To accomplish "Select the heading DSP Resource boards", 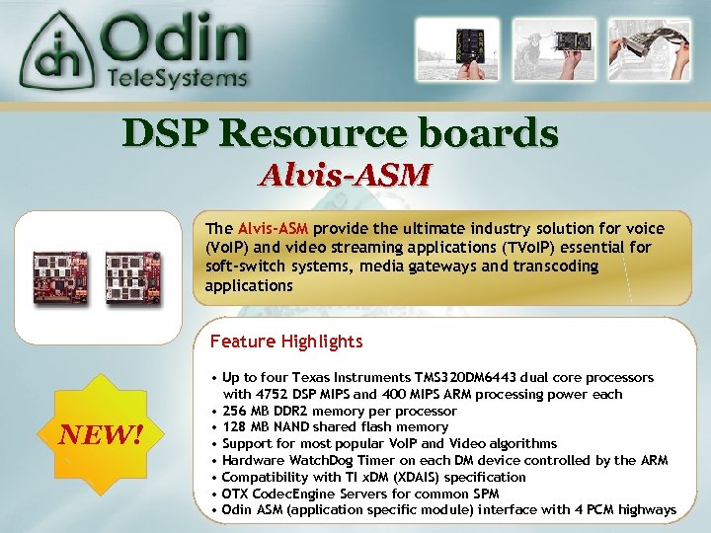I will [340, 133].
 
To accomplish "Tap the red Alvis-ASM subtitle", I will [345, 176].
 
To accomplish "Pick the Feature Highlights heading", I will [285, 342].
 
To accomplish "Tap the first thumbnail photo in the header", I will [450, 49].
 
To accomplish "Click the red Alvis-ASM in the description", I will [273, 228].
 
